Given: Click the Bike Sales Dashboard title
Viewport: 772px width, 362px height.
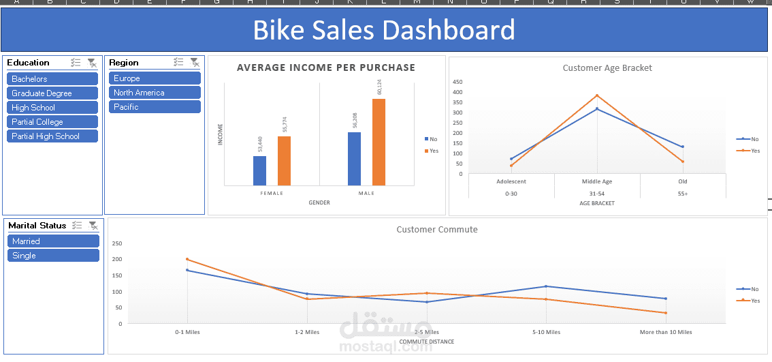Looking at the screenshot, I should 384,31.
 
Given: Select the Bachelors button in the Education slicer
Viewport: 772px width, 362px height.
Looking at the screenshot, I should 52,79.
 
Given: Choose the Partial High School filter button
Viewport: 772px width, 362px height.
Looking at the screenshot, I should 52,136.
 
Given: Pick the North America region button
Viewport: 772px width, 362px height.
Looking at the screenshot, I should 155,93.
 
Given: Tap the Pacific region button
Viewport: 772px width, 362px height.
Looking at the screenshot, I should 155,107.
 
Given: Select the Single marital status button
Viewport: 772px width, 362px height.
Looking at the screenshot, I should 53,256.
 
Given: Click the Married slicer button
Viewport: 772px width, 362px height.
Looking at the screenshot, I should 53,241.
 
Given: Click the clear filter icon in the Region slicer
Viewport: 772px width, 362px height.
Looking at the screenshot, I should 194,63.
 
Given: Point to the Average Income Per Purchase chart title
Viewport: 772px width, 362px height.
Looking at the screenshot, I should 325,67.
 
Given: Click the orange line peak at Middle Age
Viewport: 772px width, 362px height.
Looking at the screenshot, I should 597,95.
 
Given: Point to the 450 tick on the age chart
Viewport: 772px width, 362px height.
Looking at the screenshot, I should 457,82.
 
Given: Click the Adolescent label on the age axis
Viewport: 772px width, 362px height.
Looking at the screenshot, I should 511,181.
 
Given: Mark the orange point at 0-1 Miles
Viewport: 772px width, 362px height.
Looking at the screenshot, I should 187,259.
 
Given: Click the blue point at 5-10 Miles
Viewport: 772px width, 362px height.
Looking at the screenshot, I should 546,286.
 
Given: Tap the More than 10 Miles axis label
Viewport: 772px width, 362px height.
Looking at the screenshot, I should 665,332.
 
